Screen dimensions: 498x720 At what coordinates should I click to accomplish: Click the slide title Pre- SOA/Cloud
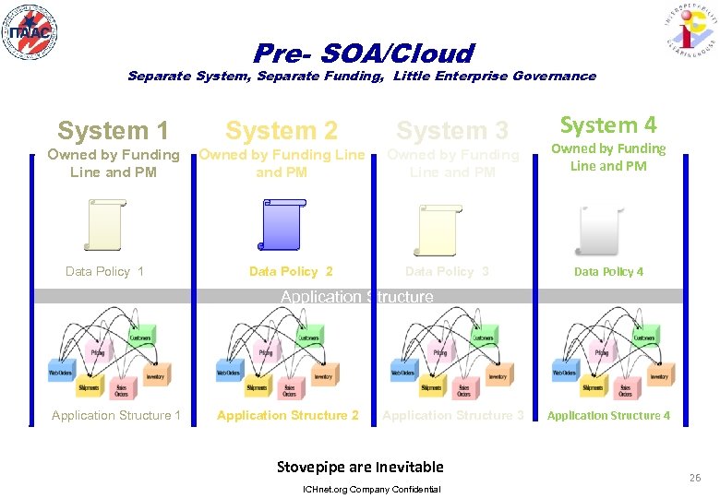pyautogui.click(x=363, y=53)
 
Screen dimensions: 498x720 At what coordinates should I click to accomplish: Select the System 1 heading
pyautogui.click(x=113, y=132)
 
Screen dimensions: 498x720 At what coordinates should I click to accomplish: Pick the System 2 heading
pyautogui.click(x=282, y=132)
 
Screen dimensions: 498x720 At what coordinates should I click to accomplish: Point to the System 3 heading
pyautogui.click(x=452, y=132)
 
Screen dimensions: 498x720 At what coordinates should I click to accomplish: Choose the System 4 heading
pyautogui.click(x=608, y=125)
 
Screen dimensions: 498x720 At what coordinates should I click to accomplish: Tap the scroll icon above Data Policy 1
pyautogui.click(x=102, y=226)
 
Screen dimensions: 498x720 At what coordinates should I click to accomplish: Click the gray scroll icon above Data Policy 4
pyautogui.click(x=601, y=230)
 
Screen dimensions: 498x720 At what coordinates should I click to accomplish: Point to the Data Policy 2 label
pyautogui.click(x=291, y=271)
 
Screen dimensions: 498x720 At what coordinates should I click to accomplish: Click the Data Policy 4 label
pyautogui.click(x=608, y=272)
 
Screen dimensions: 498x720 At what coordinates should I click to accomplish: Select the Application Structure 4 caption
pyautogui.click(x=608, y=416)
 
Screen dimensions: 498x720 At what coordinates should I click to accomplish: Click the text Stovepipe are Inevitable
pyautogui.click(x=360, y=467)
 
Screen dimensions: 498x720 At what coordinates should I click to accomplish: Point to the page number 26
pyautogui.click(x=694, y=478)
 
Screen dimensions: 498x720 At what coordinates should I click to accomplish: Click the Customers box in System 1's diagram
pyautogui.click(x=142, y=338)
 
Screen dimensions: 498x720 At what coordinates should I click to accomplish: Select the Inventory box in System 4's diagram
pyautogui.click(x=659, y=376)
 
